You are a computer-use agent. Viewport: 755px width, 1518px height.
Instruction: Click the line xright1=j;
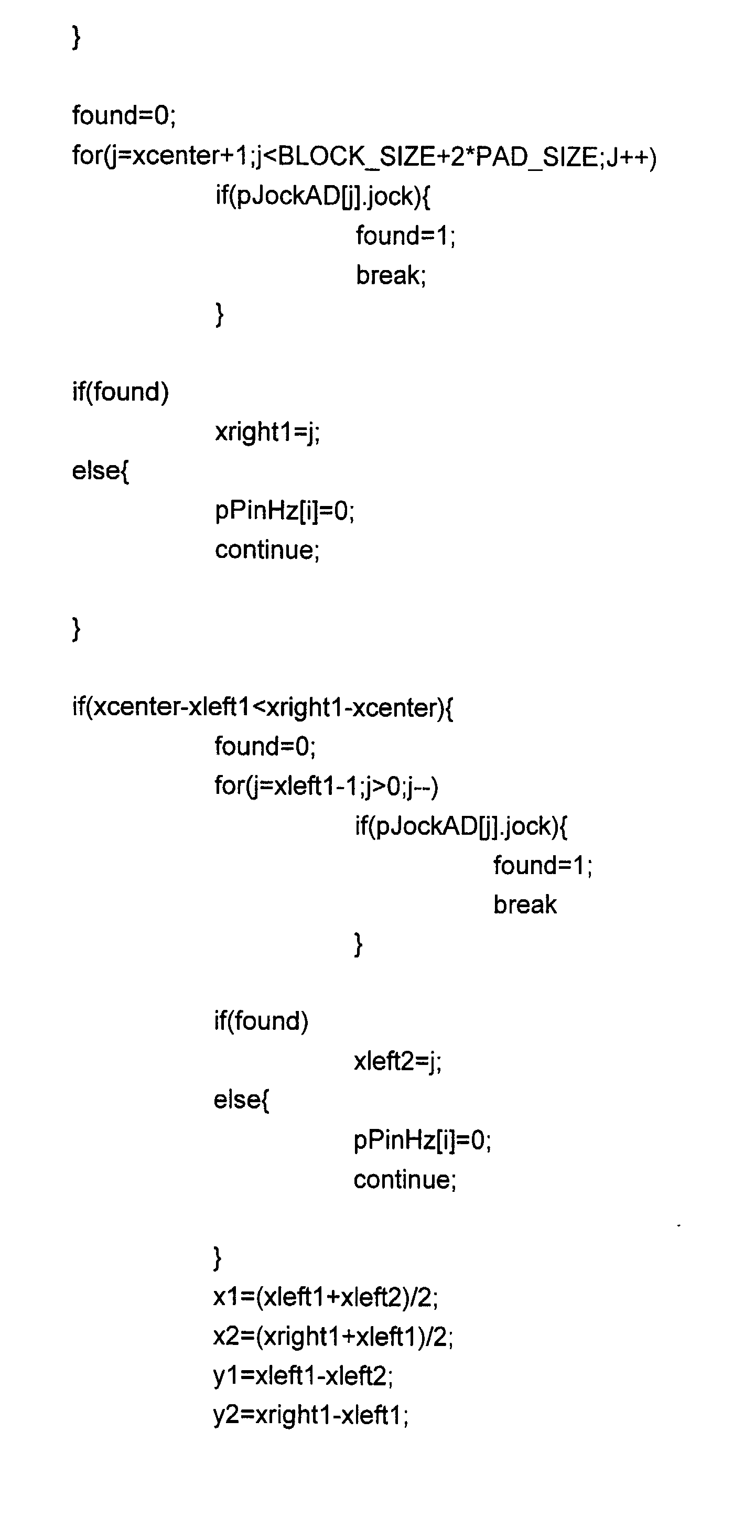coord(267,432)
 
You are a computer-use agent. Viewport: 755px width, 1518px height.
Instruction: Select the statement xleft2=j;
coord(397,1061)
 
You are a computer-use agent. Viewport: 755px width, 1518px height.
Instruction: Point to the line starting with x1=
coord(326,1296)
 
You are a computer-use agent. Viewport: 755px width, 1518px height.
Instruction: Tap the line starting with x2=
coord(333,1336)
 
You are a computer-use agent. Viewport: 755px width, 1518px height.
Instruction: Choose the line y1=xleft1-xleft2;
coord(303,1375)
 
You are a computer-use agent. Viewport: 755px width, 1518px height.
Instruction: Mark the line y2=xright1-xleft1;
coord(310,1414)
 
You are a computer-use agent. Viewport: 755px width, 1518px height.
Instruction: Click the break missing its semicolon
coord(524,905)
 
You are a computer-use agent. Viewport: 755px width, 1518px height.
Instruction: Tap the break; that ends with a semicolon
coord(391,275)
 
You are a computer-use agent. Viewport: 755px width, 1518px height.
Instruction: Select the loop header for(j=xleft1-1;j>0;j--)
coord(326,785)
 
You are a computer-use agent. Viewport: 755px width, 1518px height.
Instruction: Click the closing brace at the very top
coord(76,38)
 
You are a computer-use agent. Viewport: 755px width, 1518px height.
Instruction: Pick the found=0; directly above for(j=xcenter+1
coord(124,115)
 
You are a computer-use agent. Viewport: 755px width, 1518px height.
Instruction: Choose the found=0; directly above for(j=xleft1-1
coord(265,746)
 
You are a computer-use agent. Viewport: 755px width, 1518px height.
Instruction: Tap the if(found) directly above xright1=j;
coord(120,392)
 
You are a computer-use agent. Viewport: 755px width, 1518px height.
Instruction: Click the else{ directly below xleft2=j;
coord(241,1100)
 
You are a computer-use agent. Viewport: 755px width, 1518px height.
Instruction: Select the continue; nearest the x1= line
coord(404,1179)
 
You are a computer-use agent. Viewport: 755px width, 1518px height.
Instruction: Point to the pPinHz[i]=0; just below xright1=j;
coord(285,510)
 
